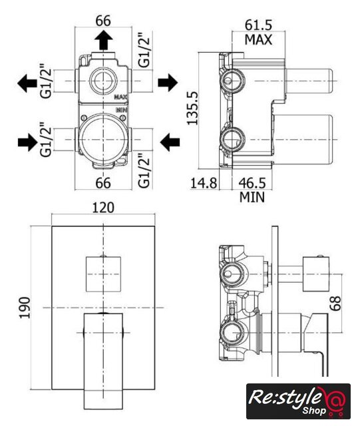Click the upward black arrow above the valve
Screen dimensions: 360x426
pos(104,40)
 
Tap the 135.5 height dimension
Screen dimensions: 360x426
pos(192,108)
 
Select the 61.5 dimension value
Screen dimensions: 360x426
pos(258,25)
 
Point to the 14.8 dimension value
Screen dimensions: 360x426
pos(204,183)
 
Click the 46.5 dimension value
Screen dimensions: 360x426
pos(252,183)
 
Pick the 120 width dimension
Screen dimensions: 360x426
pos(103,208)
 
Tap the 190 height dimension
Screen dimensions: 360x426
pos(25,308)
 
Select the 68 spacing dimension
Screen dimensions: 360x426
pos(335,304)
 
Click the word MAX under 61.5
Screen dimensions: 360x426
pos(258,40)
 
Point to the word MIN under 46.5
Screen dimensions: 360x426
pos(252,197)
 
